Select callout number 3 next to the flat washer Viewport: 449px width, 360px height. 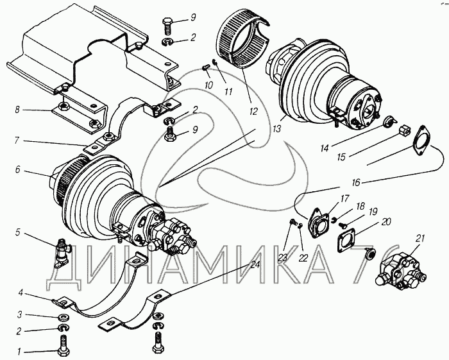coord(19,315)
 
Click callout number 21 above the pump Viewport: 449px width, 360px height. coord(420,239)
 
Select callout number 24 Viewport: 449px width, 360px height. coord(255,264)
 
